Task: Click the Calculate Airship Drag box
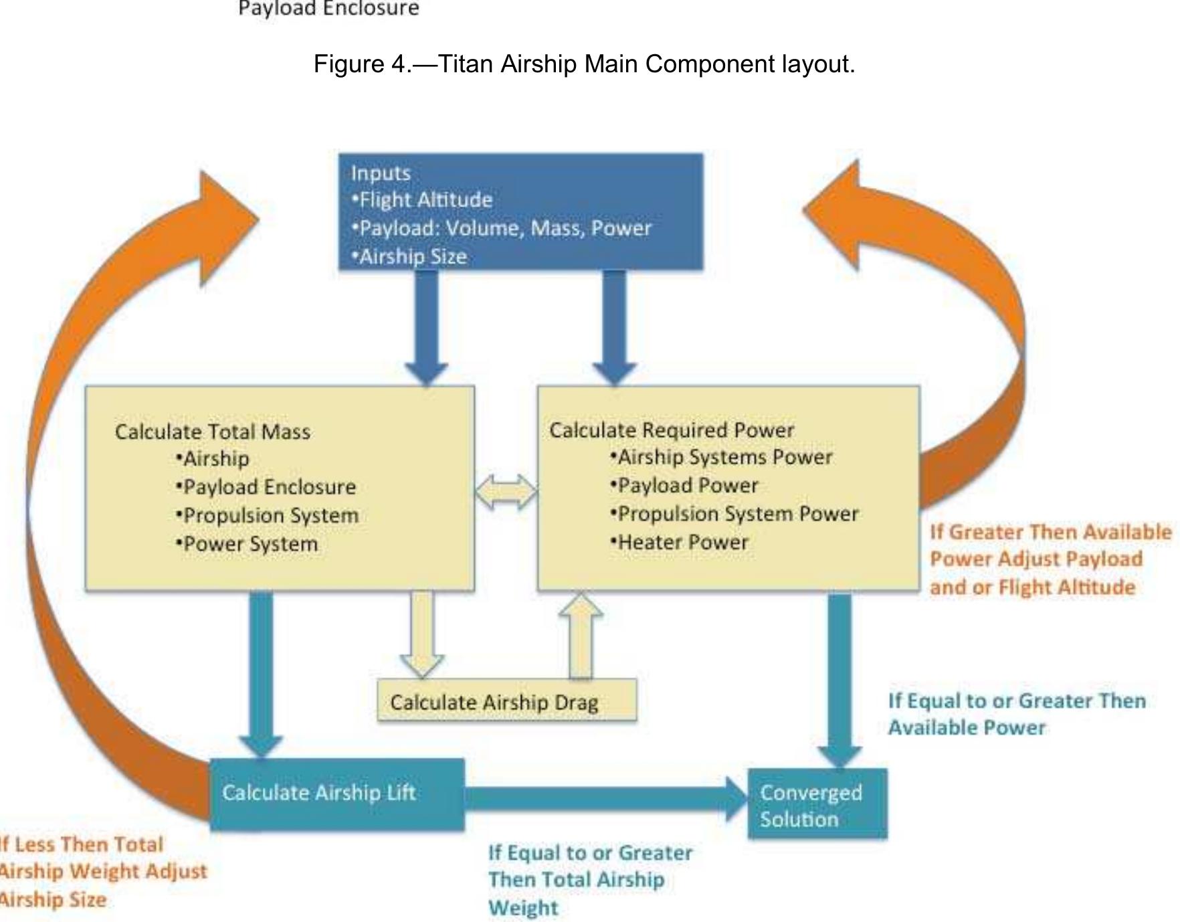(506, 701)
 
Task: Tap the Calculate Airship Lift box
(337, 794)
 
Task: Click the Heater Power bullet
(680, 542)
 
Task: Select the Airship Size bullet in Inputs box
(411, 257)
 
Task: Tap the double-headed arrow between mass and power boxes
(506, 492)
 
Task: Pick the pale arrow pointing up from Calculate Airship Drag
(581, 636)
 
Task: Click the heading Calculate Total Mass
(213, 432)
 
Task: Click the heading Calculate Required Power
(672, 430)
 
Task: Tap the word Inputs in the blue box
(381, 173)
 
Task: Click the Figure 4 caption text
(584, 64)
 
